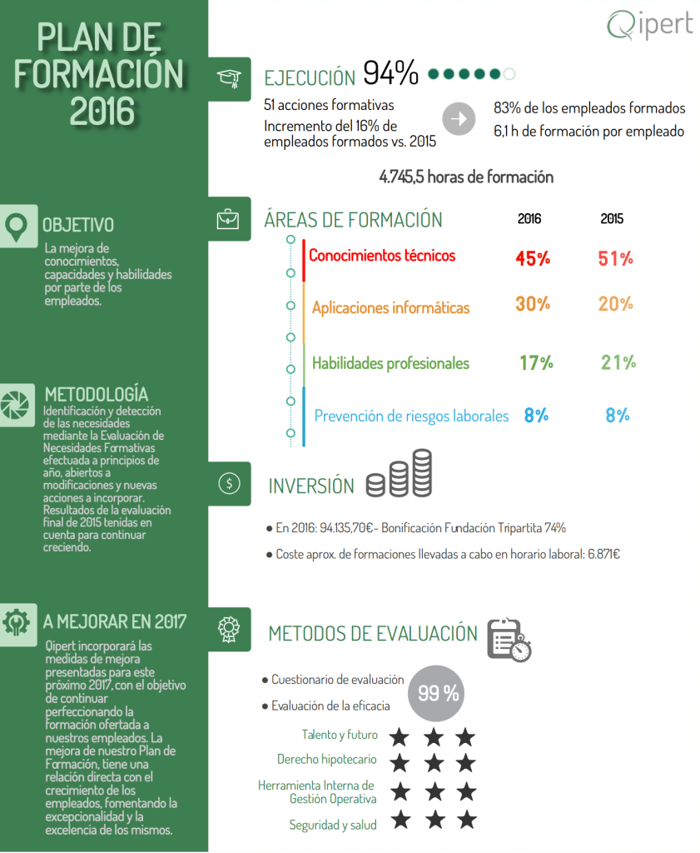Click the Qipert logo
coord(649,25)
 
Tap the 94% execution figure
coord(390,74)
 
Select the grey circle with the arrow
coord(457,119)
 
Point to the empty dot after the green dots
coord(509,74)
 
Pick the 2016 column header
coord(529,219)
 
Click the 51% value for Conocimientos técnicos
coord(616,258)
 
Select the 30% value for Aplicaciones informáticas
coord(533,304)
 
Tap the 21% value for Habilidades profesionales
coord(618,362)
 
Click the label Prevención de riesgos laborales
coord(411,416)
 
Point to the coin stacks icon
coord(400,475)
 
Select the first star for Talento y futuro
coord(400,737)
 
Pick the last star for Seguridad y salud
coord(466,820)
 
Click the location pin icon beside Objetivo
coord(16,225)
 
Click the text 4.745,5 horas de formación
coord(466,177)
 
